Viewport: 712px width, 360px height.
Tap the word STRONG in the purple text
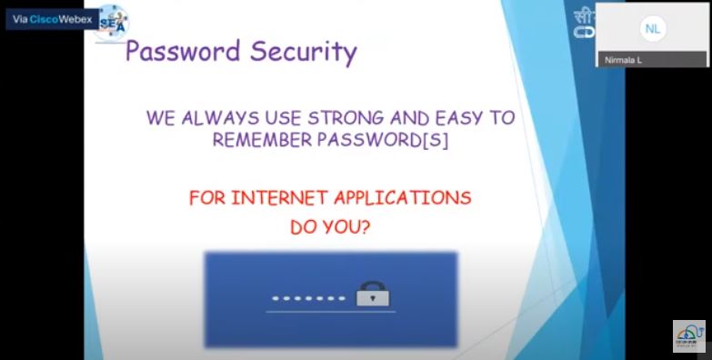click(344, 118)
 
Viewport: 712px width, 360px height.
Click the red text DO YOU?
click(330, 226)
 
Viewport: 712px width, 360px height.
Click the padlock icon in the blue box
click(373, 295)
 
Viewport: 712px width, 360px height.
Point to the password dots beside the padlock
click(308, 298)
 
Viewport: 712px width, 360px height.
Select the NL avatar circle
click(652, 29)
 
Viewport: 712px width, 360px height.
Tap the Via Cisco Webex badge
click(52, 19)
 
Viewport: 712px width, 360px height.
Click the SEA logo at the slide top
click(113, 20)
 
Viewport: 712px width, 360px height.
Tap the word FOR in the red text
click(206, 197)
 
